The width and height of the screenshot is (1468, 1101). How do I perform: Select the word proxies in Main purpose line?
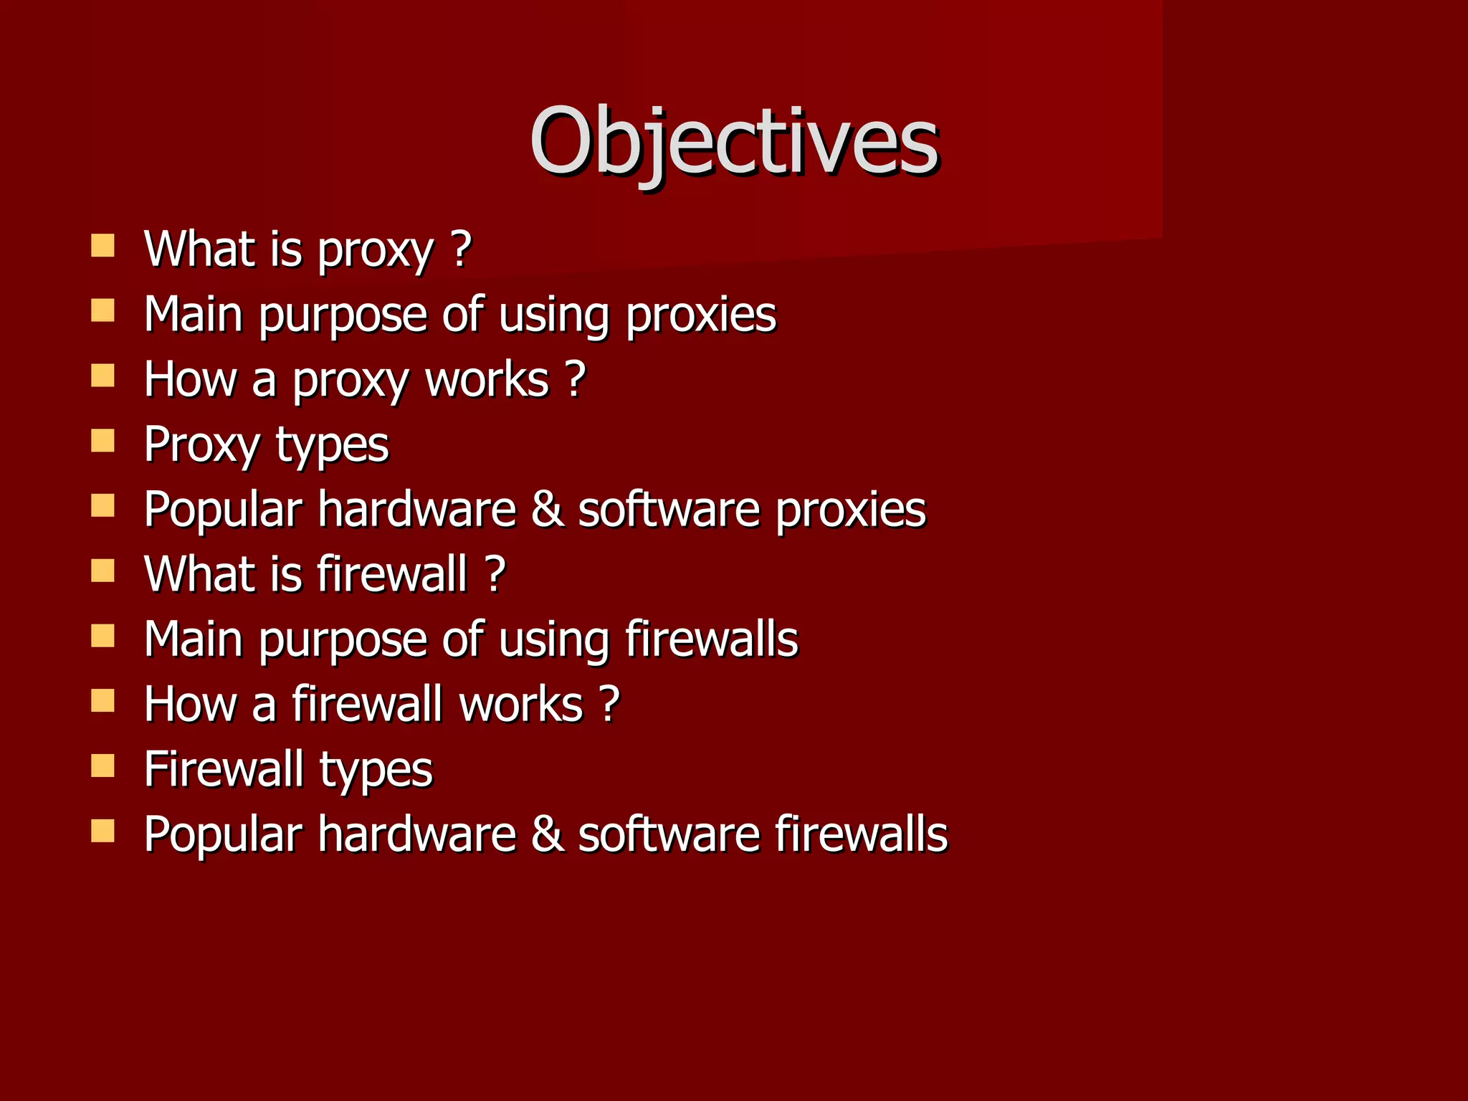pos(700,315)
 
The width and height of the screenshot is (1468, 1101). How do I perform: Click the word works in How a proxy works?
pos(487,380)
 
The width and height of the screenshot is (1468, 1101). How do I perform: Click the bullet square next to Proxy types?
pos(103,440)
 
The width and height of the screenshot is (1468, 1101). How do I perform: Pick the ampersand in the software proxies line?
pos(548,510)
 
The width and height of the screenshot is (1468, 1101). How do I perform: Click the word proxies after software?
pos(851,510)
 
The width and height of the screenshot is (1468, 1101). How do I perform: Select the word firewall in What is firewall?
pos(391,574)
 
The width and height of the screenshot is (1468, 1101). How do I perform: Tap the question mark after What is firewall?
pos(495,574)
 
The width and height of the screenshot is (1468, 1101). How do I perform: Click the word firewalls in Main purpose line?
pos(711,639)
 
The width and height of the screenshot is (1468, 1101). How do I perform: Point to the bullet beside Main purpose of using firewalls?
pos(103,635)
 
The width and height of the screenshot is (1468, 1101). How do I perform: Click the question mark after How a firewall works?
pos(609,704)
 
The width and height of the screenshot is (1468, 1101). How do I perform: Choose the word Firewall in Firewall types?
pos(223,769)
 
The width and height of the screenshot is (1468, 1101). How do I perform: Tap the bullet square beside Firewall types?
pos(103,766)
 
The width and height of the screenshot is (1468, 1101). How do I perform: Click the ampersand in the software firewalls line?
pos(548,834)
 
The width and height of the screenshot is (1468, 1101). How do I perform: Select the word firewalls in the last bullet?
pos(861,834)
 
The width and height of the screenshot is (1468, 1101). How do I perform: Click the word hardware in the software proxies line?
pos(417,510)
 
